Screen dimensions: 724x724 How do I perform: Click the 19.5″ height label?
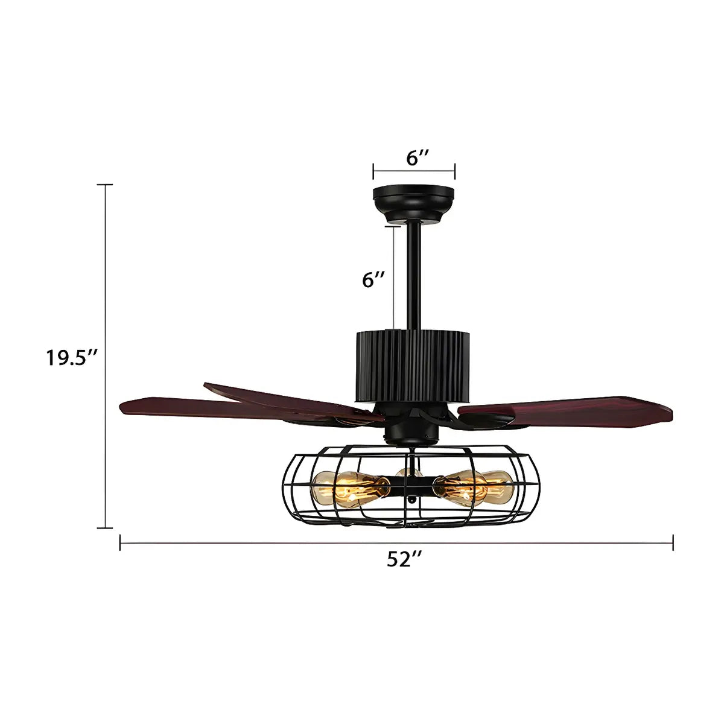coord(72,358)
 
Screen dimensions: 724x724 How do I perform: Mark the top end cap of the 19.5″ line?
coord(106,184)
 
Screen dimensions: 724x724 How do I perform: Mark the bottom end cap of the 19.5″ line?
coord(106,527)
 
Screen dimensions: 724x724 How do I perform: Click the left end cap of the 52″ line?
coord(121,544)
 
